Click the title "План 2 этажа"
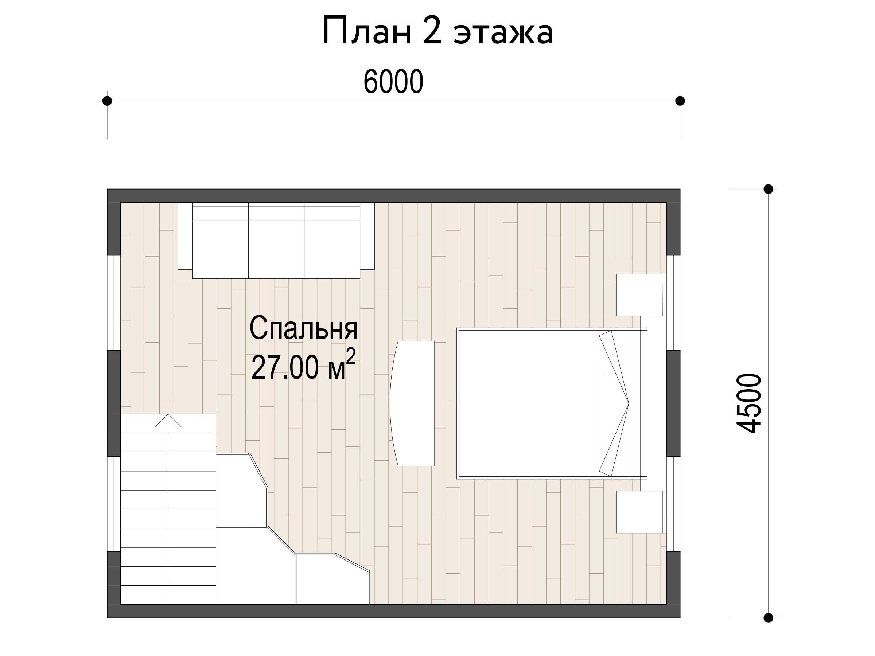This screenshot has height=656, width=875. tap(437, 32)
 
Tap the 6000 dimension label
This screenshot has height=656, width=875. tap(393, 82)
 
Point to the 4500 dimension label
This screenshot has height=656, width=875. tap(748, 404)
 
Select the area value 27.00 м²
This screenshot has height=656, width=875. tap(303, 365)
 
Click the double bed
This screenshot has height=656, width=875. tap(552, 403)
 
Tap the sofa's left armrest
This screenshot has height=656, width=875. tap(185, 236)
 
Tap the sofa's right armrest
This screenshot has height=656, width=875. tap(367, 236)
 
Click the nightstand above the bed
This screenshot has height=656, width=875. tap(639, 295)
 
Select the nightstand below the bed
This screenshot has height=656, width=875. tap(639, 512)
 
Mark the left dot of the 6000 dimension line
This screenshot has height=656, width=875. tap(107, 101)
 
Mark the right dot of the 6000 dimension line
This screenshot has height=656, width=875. tap(680, 101)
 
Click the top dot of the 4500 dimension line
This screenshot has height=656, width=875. tap(768, 189)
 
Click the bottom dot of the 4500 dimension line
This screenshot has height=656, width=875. tap(768, 618)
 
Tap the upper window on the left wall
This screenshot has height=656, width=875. tap(114, 303)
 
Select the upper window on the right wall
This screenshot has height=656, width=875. tap(673, 303)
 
